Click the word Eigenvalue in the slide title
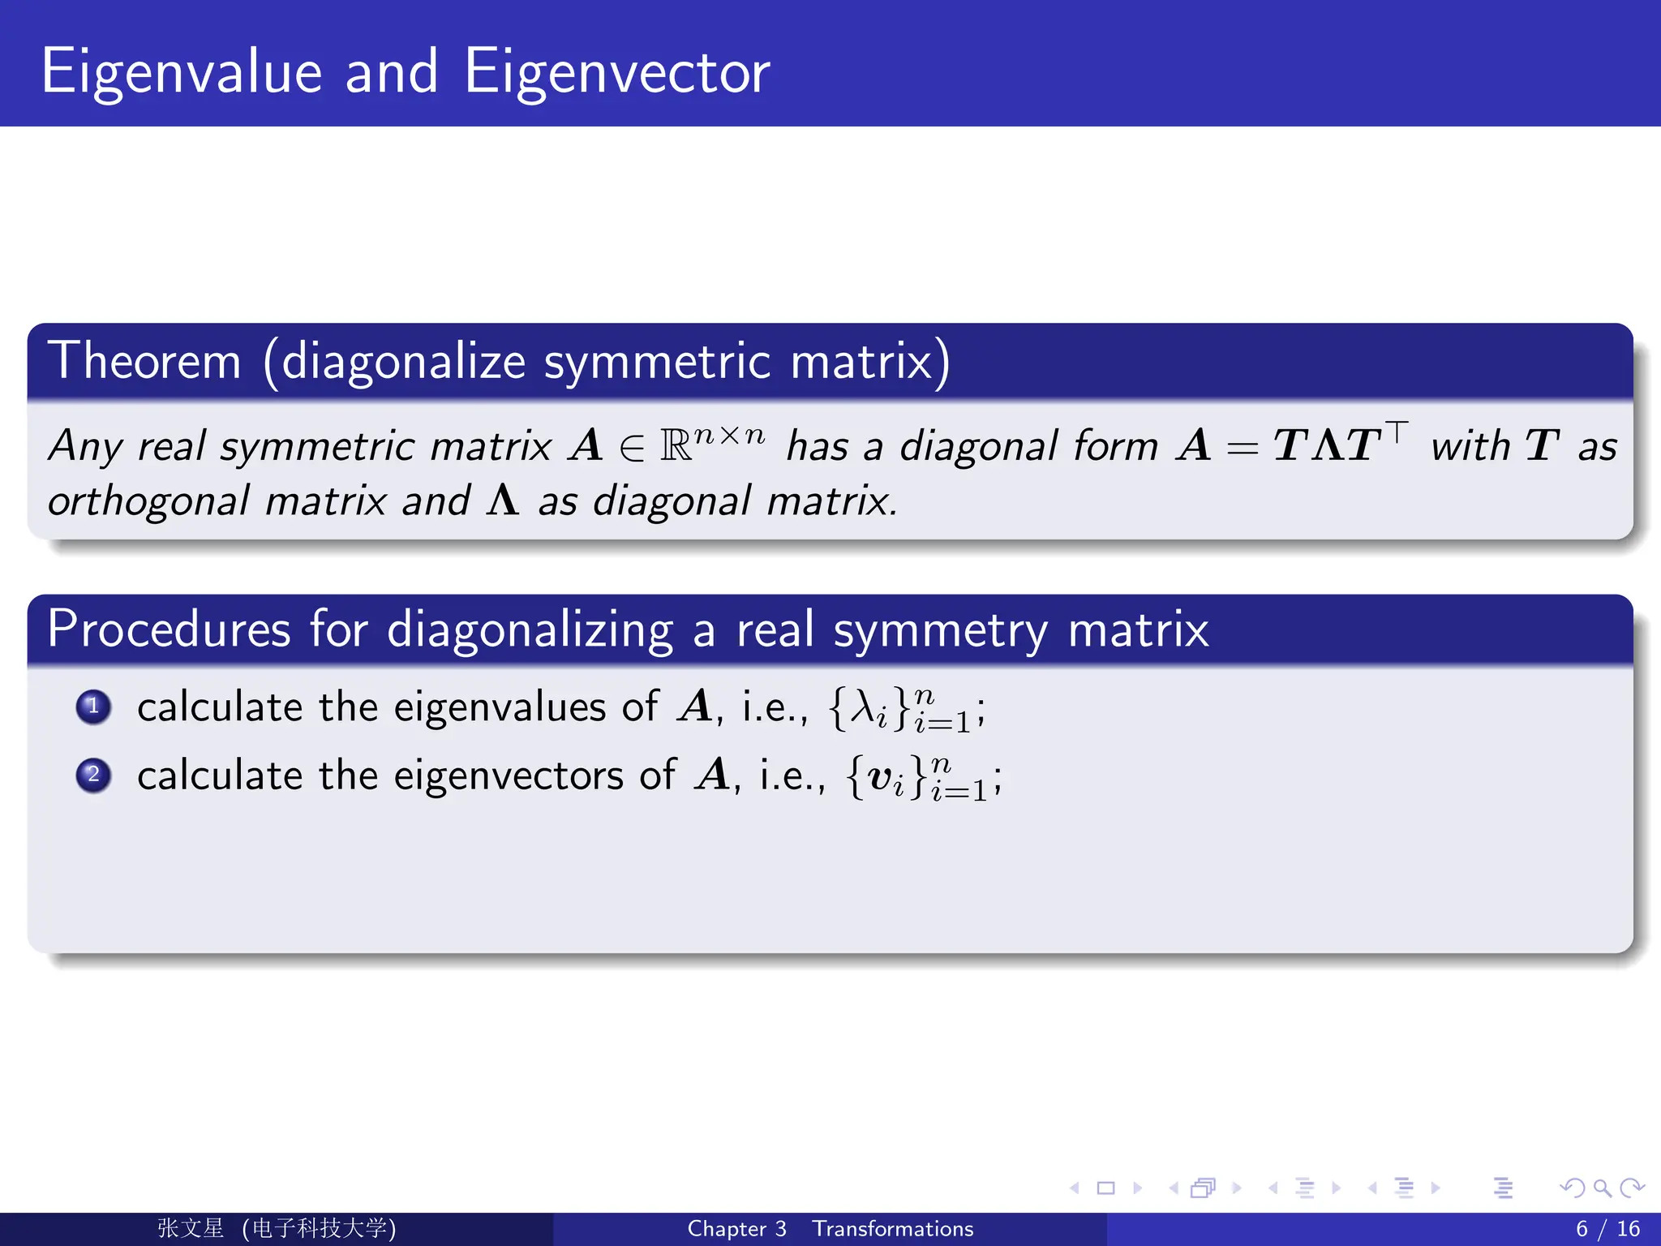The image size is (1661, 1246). click(182, 73)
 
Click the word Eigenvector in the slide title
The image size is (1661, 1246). click(616, 73)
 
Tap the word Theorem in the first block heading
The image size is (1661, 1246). click(144, 361)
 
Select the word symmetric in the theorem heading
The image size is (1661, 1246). click(657, 361)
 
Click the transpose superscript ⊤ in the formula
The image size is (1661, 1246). click(1397, 431)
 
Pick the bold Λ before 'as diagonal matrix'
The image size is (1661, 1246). click(503, 501)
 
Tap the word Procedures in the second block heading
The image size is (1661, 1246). click(169, 629)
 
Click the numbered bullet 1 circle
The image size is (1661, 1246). click(93, 707)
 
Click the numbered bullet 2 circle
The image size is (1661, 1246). click(93, 775)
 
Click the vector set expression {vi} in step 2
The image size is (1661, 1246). click(886, 777)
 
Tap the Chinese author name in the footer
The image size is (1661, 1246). click(191, 1228)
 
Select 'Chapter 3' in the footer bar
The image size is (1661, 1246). click(736, 1229)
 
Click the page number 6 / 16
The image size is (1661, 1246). click(1607, 1229)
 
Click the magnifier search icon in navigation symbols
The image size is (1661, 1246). click(1602, 1188)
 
